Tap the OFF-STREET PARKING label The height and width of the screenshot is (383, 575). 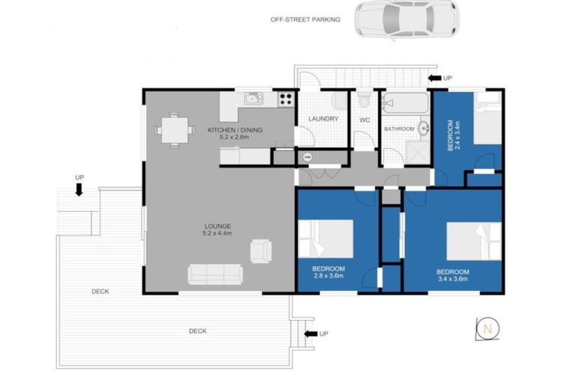305,19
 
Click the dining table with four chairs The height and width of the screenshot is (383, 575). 174,130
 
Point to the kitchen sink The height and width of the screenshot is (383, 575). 253,99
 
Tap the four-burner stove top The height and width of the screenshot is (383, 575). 285,99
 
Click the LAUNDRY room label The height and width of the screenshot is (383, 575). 323,119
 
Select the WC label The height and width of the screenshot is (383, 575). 365,119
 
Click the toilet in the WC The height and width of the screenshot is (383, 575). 365,100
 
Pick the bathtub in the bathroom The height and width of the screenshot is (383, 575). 405,103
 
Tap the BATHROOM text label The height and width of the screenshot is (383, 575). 399,129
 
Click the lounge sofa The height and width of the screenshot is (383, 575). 215,275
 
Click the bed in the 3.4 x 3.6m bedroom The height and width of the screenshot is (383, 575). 474,241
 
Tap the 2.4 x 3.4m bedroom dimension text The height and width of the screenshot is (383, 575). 458,135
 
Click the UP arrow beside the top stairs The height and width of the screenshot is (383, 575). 434,77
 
